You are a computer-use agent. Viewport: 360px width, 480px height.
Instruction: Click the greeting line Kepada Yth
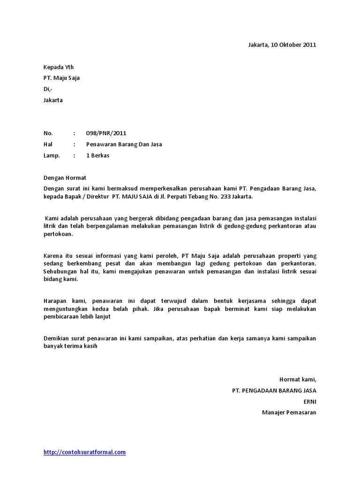(x=59, y=67)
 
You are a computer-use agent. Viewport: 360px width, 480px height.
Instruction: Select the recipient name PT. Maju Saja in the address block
(x=61, y=78)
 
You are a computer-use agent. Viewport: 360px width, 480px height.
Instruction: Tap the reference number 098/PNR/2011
(x=106, y=133)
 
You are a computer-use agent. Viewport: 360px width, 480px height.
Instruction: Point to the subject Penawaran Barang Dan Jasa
(x=124, y=144)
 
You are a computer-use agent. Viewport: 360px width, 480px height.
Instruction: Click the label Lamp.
(x=52, y=156)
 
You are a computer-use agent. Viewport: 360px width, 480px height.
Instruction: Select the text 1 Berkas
(x=97, y=156)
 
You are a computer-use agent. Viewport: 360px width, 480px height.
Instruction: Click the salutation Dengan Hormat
(x=65, y=178)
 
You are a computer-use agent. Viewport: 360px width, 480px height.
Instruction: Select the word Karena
(x=53, y=256)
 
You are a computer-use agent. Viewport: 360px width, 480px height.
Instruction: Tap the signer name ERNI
(x=310, y=401)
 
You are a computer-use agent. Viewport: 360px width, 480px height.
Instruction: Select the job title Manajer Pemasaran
(x=289, y=412)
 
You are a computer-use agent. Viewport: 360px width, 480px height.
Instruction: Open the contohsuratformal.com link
(x=84, y=452)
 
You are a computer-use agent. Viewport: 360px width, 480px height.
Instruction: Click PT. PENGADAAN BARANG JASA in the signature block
(x=274, y=390)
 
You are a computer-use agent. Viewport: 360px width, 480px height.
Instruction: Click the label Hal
(x=48, y=144)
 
